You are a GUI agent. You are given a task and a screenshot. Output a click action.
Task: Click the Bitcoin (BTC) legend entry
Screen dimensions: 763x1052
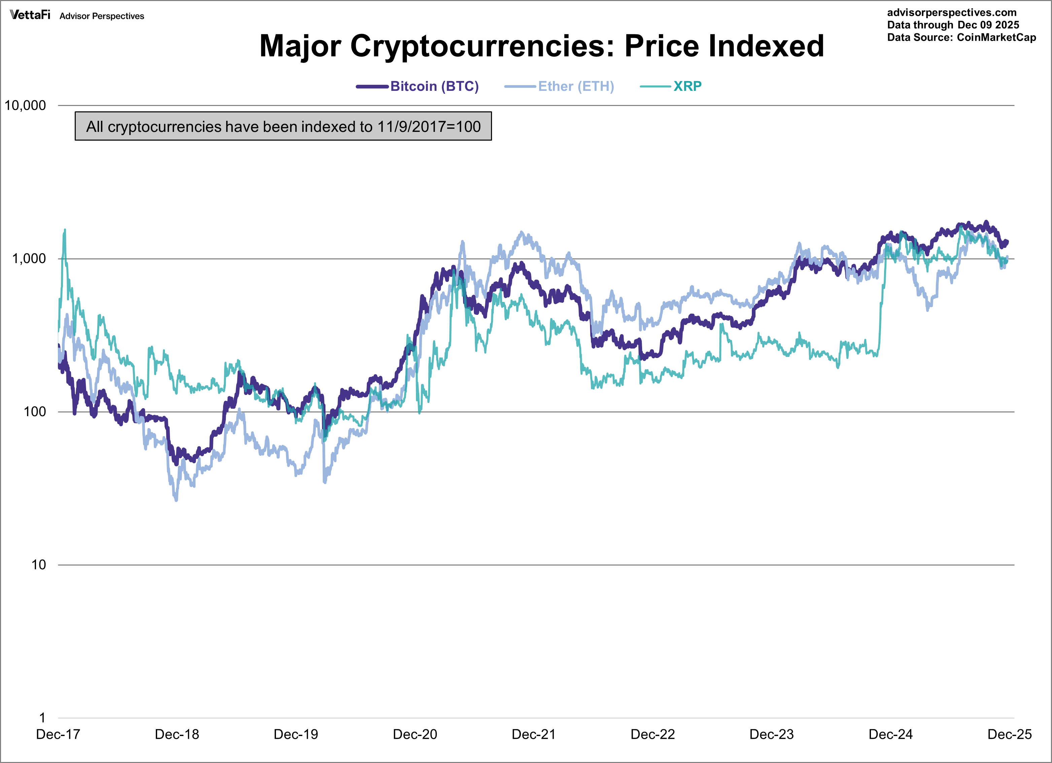(434, 86)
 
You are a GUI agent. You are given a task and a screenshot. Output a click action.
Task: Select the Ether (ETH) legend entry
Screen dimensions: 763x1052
(575, 86)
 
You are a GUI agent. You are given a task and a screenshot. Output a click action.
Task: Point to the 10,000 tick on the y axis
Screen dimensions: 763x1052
(26, 106)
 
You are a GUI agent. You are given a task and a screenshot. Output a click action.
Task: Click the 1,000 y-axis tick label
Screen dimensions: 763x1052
(29, 259)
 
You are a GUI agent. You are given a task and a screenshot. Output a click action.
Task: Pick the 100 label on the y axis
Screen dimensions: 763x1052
(35, 412)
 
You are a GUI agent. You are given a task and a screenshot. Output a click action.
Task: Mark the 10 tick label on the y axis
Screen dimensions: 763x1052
(38, 565)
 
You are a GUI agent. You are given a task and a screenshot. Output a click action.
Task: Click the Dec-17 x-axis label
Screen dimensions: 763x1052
(58, 735)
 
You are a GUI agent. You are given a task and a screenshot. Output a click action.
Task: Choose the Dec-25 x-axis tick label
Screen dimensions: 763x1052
(1009, 735)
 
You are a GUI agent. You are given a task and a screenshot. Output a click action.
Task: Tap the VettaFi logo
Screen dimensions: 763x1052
(30, 15)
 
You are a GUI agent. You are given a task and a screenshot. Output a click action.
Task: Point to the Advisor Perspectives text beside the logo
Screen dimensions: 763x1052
(102, 16)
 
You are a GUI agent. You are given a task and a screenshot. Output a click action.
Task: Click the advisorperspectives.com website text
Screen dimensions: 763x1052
(951, 12)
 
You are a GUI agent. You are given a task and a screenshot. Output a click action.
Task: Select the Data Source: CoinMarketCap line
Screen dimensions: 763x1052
(961, 38)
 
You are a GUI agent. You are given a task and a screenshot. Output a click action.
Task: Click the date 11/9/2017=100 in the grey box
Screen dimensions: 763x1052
(429, 126)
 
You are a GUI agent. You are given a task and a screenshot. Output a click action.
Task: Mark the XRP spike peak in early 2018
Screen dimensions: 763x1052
(65, 229)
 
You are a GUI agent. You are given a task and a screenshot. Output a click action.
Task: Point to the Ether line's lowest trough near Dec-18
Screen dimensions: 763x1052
(176, 500)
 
